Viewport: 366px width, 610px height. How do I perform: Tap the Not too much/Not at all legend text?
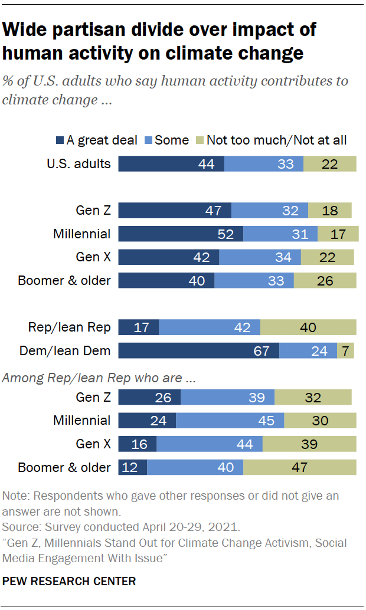[x=276, y=140]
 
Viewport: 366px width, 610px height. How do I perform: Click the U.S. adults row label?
[x=79, y=163]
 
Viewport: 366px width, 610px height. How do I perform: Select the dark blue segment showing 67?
[x=198, y=351]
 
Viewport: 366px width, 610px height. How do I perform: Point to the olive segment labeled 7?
[x=347, y=351]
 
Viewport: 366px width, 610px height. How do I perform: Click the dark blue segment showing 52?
[x=181, y=234]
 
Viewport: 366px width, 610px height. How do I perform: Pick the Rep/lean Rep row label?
[x=69, y=327]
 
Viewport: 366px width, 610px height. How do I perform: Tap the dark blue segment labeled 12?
[x=133, y=467]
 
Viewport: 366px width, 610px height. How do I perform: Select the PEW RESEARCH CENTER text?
[x=69, y=581]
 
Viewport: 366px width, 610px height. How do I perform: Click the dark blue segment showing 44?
[x=171, y=163]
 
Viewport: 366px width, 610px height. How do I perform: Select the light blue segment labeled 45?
[x=230, y=421]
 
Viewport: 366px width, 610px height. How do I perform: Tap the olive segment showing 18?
[x=329, y=211]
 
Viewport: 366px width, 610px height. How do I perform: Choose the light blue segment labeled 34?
[x=260, y=257]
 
